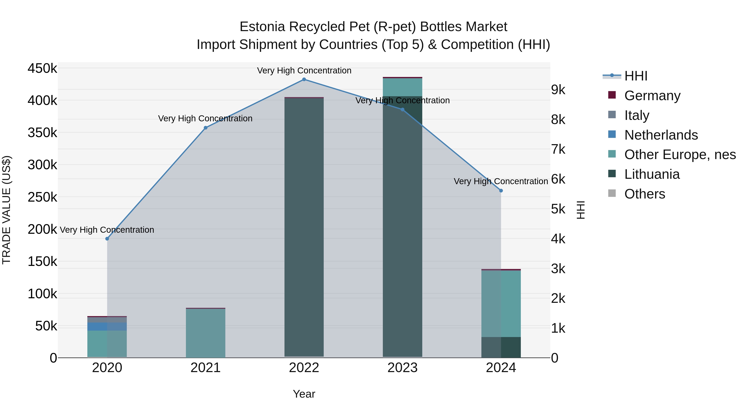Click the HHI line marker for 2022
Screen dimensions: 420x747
click(x=304, y=79)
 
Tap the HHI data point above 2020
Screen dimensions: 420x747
click(x=107, y=239)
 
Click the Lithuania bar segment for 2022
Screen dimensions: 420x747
click(x=304, y=226)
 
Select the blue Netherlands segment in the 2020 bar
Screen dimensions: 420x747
click(x=107, y=326)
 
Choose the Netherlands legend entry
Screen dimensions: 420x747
click(x=661, y=135)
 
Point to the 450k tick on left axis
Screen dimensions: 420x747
click(x=42, y=69)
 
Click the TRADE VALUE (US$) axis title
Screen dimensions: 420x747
click(x=6, y=210)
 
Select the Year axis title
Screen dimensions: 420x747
click(x=304, y=394)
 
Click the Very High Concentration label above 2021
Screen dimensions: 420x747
click(x=205, y=119)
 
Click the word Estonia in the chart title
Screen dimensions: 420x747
click(x=262, y=27)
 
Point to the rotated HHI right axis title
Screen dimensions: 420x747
click(x=581, y=210)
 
